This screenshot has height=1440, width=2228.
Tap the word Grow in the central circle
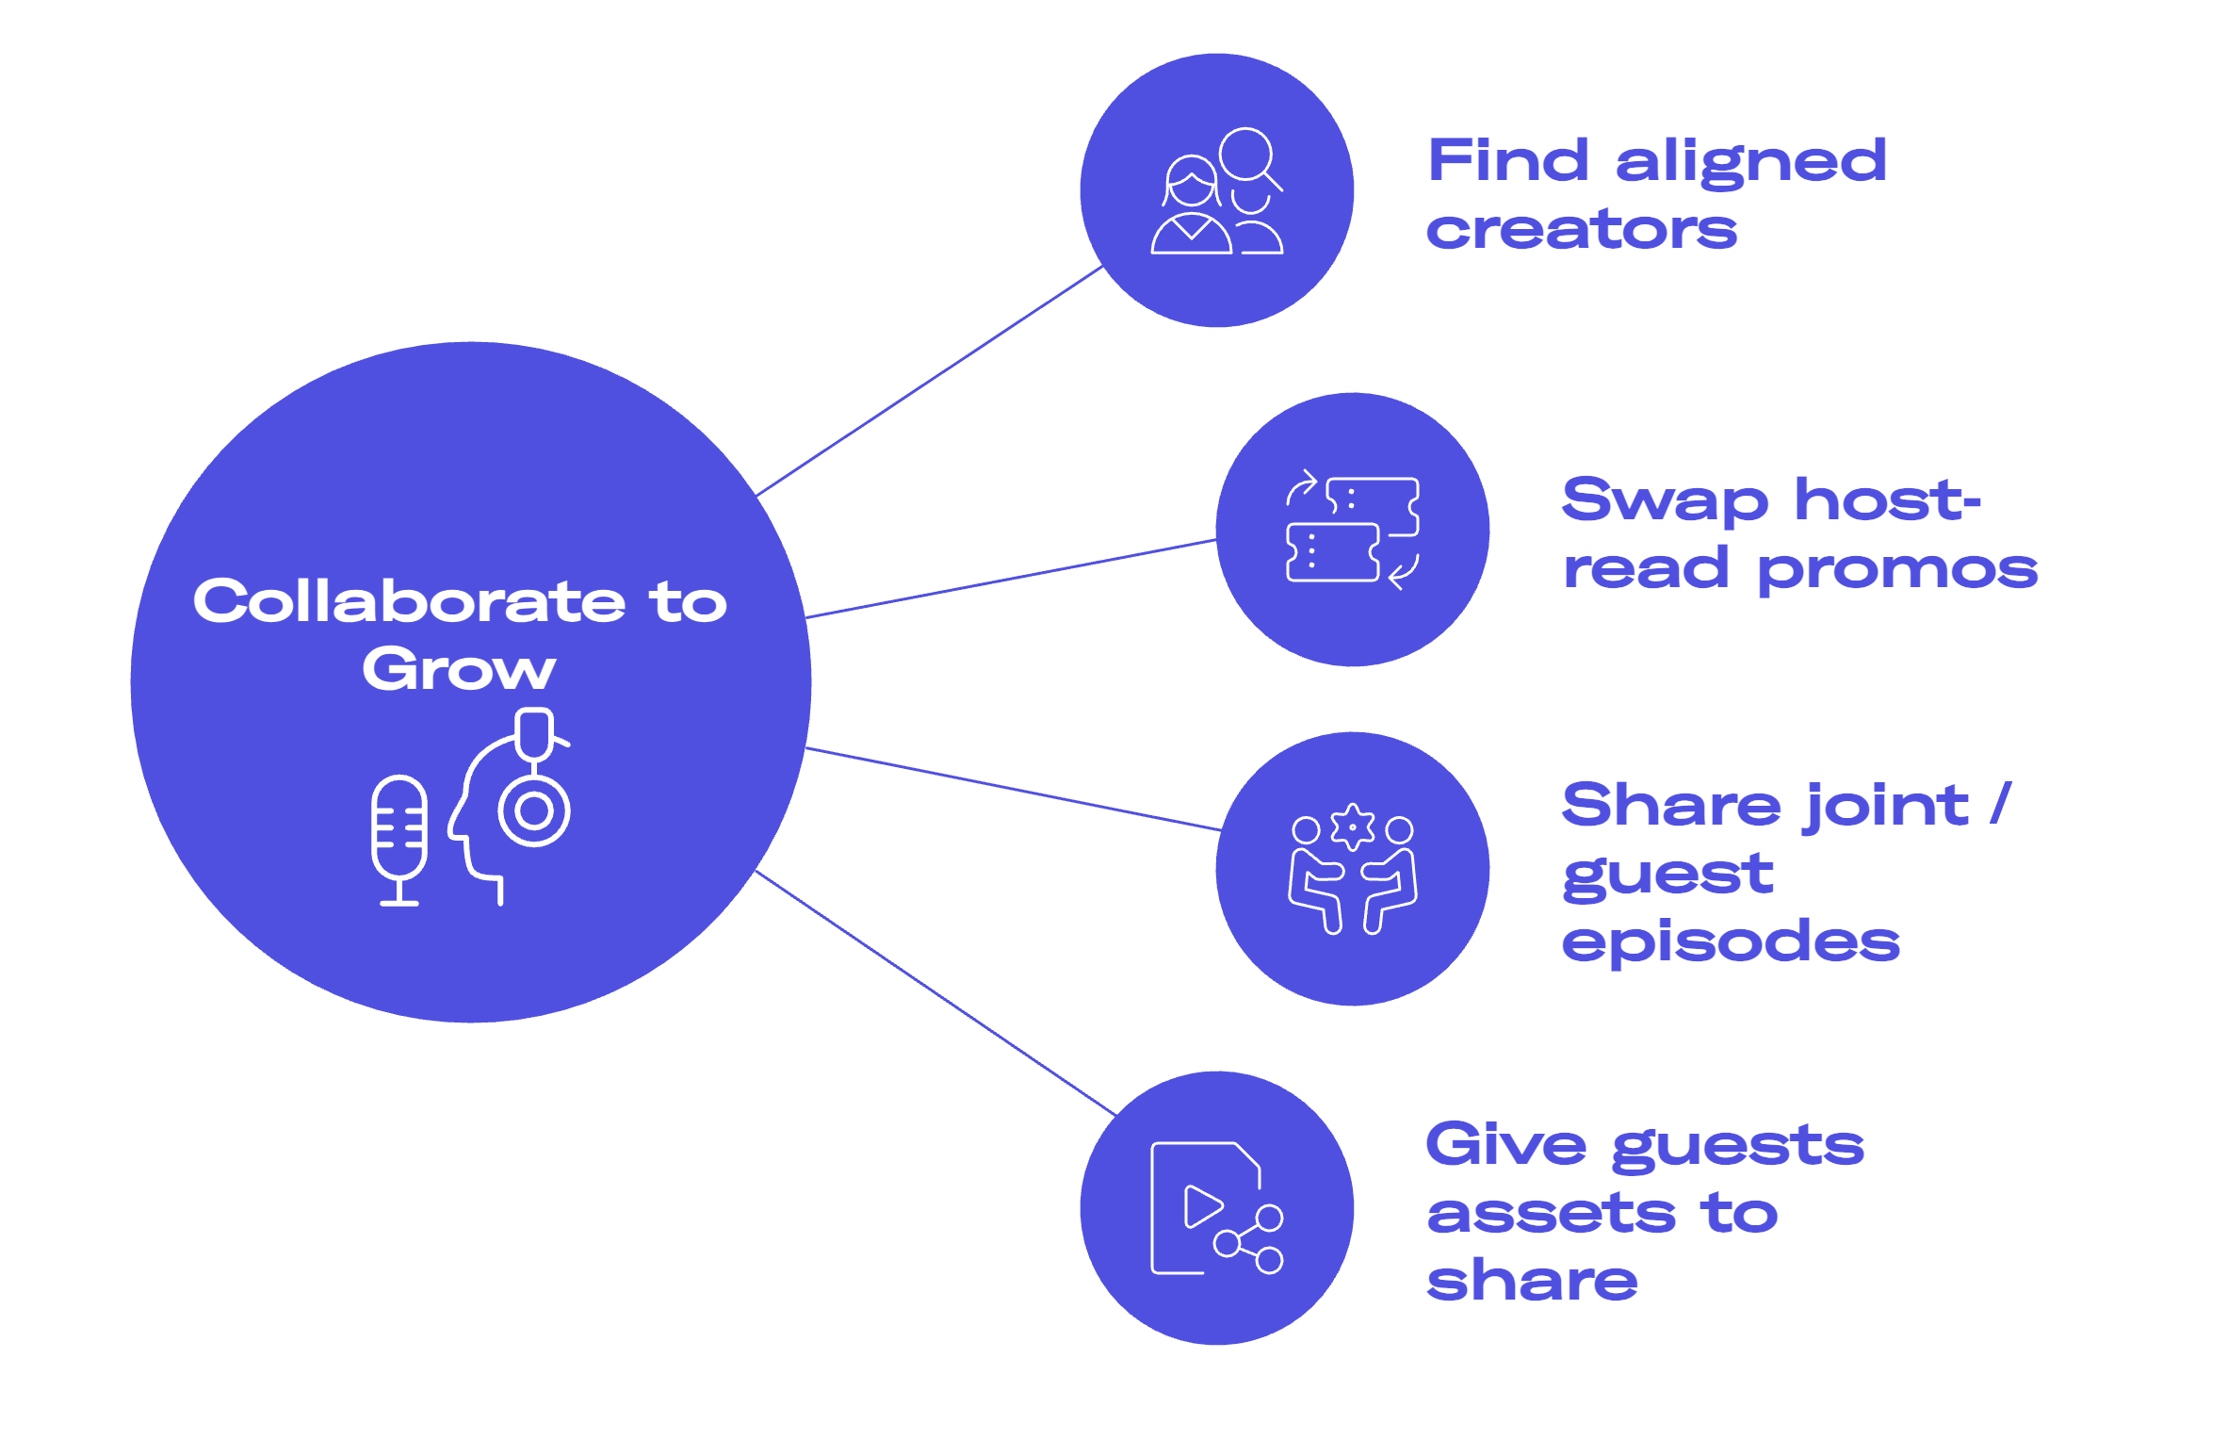(459, 670)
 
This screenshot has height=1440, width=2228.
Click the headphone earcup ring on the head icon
(534, 810)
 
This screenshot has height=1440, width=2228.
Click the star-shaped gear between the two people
(1353, 826)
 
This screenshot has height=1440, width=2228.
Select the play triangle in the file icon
(1202, 1207)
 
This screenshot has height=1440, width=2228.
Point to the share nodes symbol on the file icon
(1250, 1238)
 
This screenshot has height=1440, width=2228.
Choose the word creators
(1582, 231)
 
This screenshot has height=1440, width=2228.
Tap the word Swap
(1665, 502)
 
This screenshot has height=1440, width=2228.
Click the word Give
(1506, 1145)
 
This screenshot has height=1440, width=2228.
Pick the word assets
(1551, 1214)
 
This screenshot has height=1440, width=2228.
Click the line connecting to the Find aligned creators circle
(930, 381)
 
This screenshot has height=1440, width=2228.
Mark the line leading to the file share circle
(935, 993)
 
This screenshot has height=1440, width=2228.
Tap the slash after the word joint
(2001, 804)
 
